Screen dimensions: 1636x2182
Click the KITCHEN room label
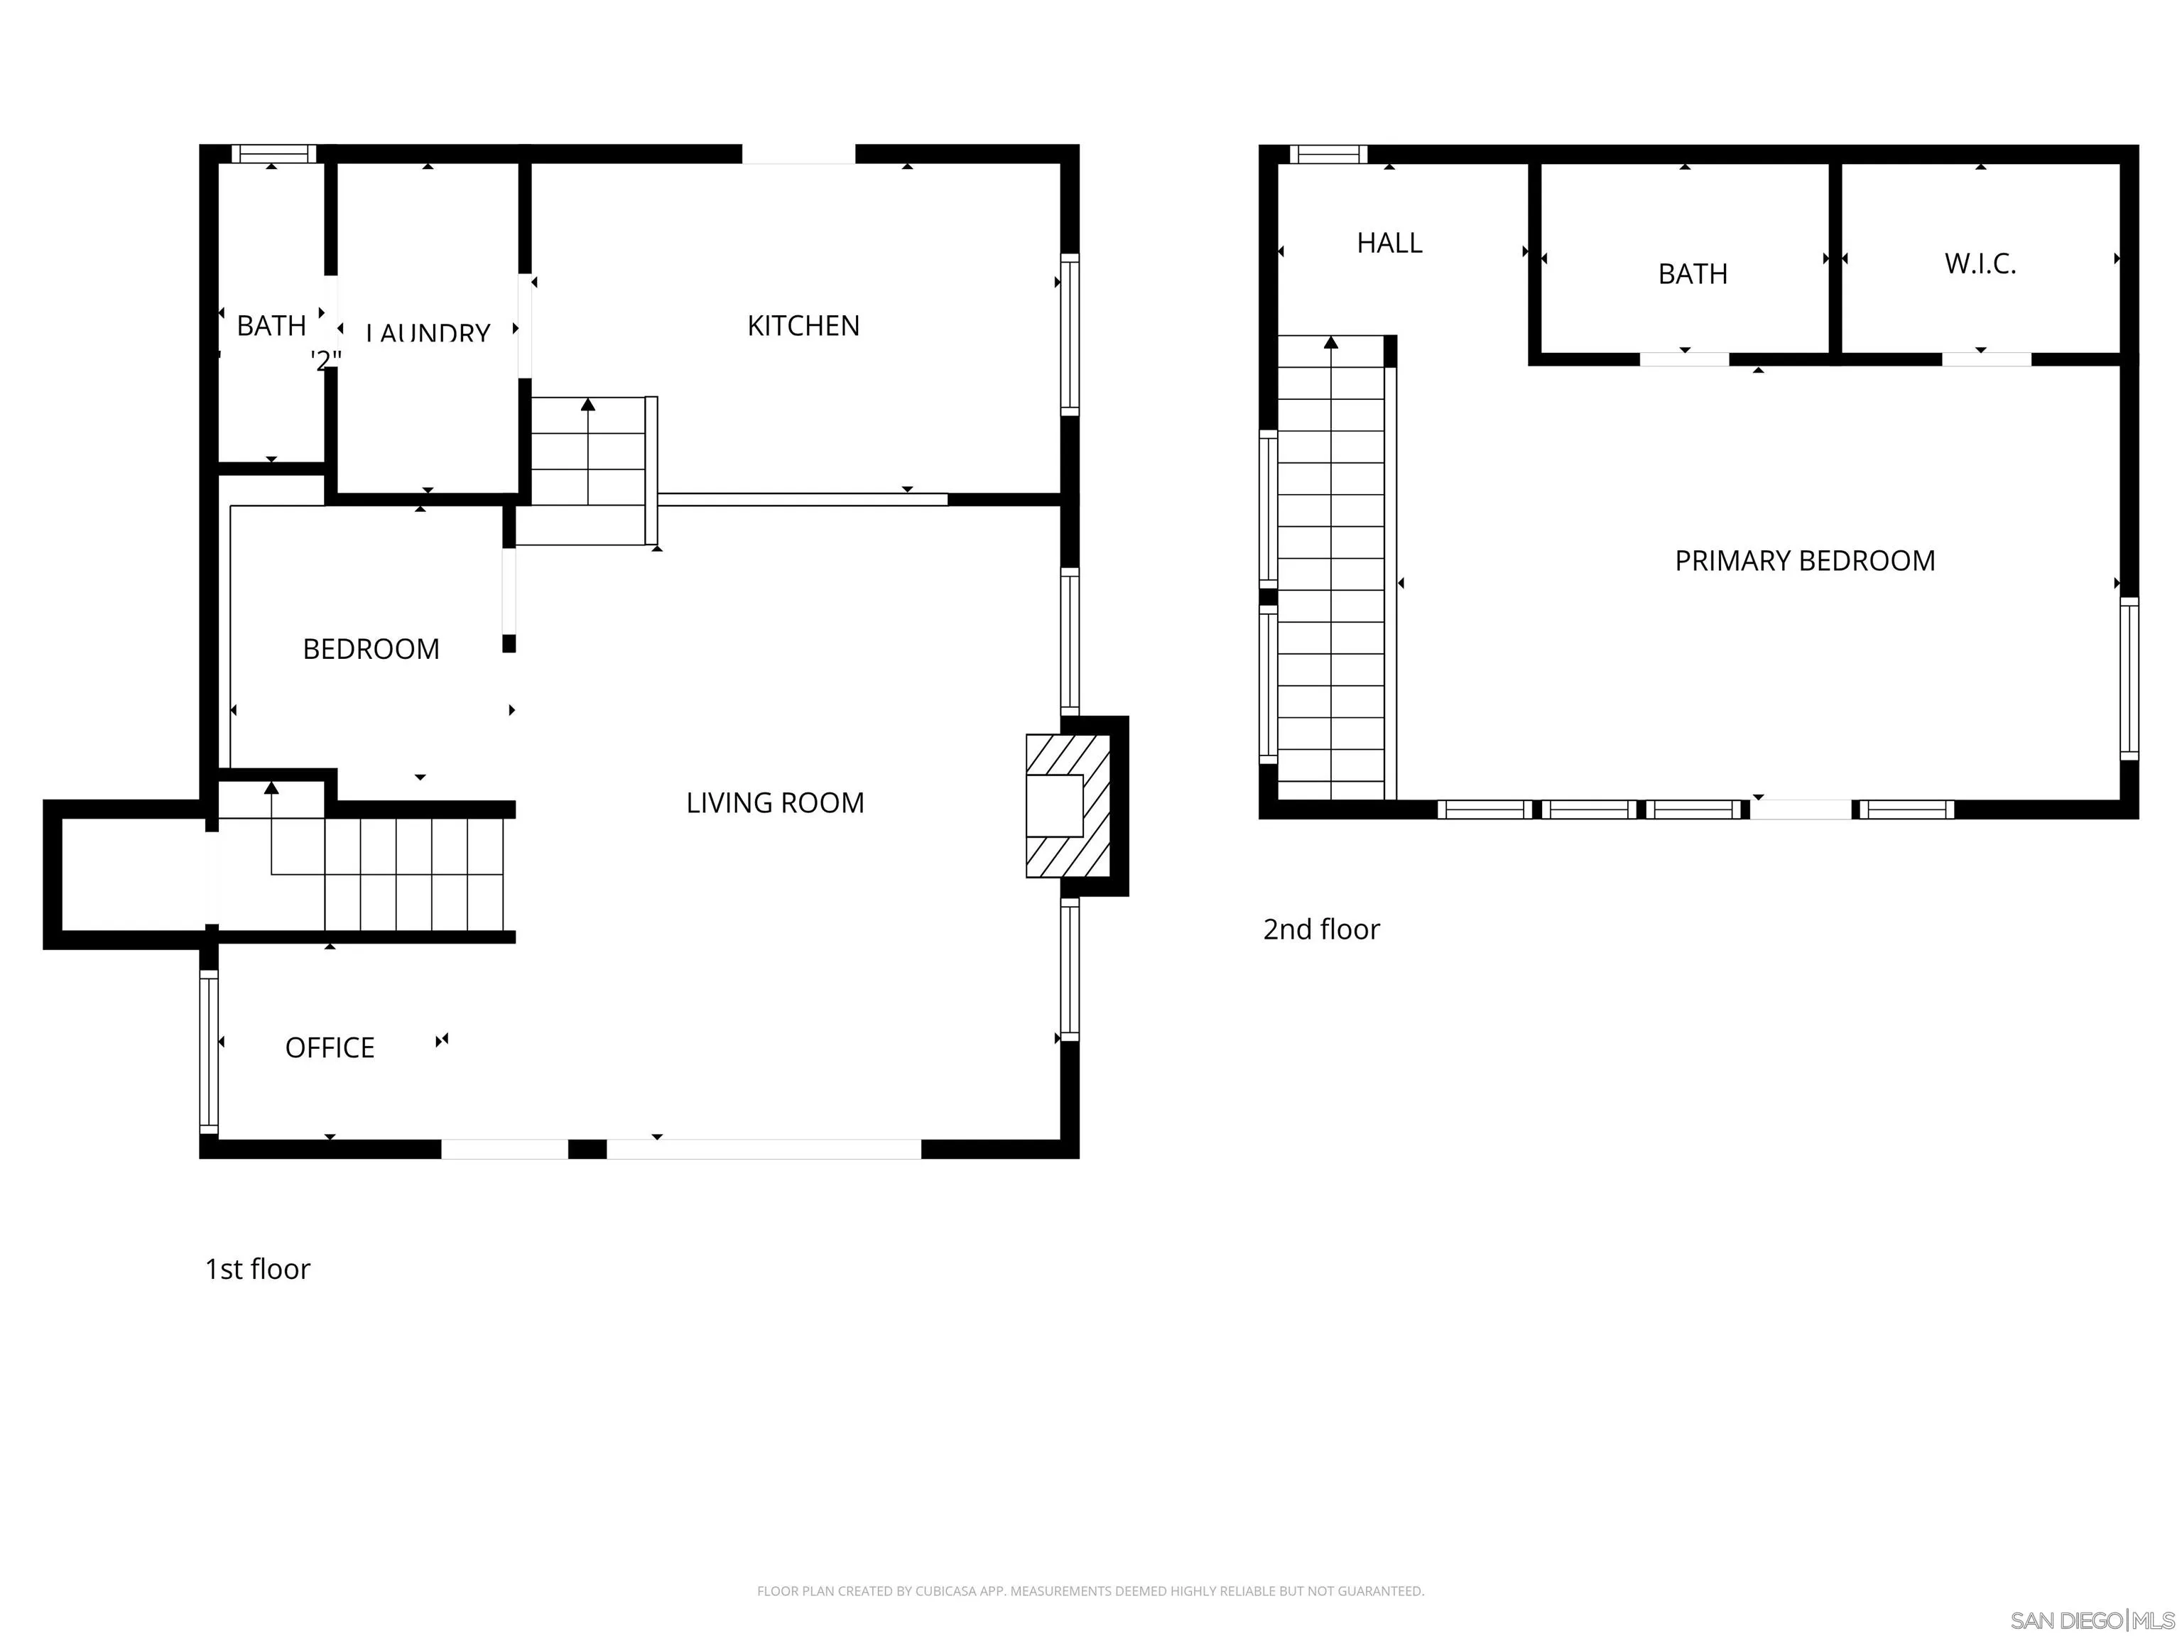click(x=803, y=325)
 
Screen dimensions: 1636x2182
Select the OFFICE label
click(x=330, y=1047)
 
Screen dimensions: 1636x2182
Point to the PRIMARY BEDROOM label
click(x=1804, y=561)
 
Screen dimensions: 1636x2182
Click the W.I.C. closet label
click(x=1980, y=264)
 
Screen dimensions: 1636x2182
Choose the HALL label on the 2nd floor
click(x=1389, y=244)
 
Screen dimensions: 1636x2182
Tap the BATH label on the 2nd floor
click(x=1692, y=274)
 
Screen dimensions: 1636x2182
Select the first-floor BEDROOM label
click(x=371, y=649)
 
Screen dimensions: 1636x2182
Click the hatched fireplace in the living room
click(x=1068, y=807)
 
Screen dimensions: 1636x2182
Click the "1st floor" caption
click(x=257, y=1269)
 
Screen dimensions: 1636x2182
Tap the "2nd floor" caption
click(x=1321, y=929)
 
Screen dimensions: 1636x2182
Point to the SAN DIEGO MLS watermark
click(x=2091, y=1620)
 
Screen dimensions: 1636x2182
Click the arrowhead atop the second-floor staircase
click(x=1330, y=342)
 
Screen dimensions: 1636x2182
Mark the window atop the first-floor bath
click(x=273, y=154)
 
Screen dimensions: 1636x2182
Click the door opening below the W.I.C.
click(x=1986, y=360)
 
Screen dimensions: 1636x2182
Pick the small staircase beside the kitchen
click(x=588, y=452)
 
